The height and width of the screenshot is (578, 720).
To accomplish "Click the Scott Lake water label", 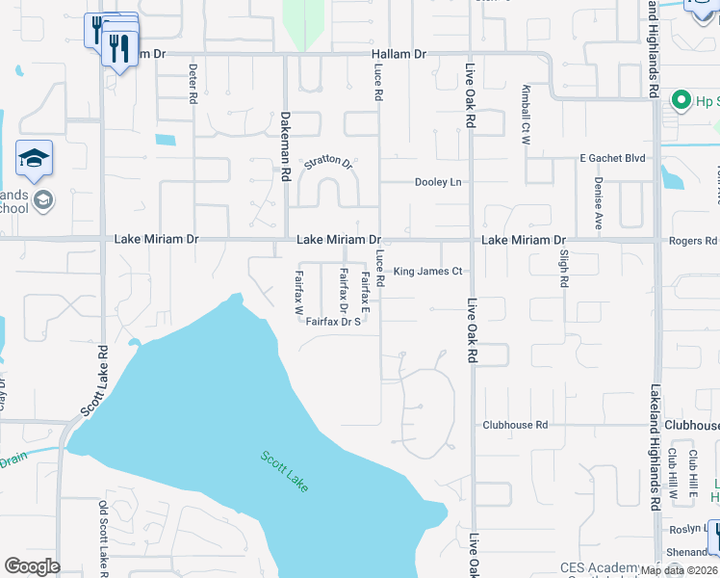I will [x=284, y=471].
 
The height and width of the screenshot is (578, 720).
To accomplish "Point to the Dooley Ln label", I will [x=438, y=182].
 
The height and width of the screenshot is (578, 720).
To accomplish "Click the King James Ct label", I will [x=428, y=272].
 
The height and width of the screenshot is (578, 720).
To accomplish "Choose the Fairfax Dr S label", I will [x=333, y=322].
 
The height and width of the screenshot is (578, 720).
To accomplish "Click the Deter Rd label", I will [x=193, y=83].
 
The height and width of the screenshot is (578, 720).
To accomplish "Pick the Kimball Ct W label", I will [x=526, y=114].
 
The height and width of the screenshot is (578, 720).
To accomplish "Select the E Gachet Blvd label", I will [x=611, y=158].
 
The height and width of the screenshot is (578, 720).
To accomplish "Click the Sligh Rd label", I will [x=564, y=269].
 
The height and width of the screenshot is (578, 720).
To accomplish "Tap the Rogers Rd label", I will [x=697, y=241].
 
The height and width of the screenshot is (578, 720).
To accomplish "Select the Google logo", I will [x=32, y=566].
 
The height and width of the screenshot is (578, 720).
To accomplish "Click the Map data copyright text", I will [x=678, y=570].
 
